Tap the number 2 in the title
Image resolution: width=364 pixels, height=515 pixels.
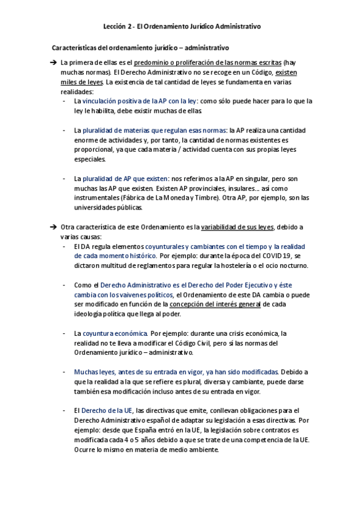pos(131,27)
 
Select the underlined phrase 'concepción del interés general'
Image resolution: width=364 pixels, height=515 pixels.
pos(215,305)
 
